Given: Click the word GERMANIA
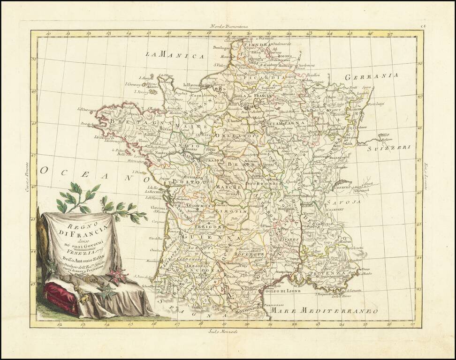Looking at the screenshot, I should click(x=371, y=76).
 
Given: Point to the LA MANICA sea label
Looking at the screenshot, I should click(x=175, y=55).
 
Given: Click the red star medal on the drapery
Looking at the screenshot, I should click(x=116, y=275).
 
